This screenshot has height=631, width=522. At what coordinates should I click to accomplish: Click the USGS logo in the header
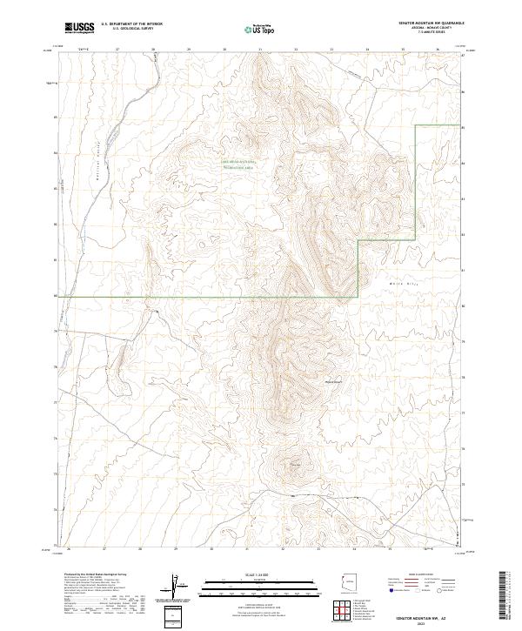pos(80,27)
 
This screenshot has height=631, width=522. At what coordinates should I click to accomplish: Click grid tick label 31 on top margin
pos(260,50)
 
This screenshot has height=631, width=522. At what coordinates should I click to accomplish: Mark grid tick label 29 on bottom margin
pos(176,549)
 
